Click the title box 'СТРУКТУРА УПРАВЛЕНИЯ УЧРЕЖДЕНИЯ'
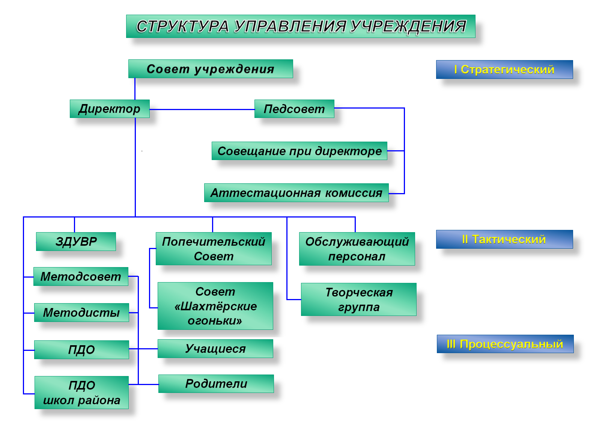click(301, 26)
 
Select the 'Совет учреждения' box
click(211, 69)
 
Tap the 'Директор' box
click(110, 109)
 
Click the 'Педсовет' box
click(294, 109)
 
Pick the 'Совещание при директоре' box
click(299, 151)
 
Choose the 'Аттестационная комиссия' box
click(296, 193)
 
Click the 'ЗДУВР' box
click(76, 242)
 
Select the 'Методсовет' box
click(81, 276)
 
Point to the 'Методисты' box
click(81, 313)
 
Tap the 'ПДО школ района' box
click(82, 393)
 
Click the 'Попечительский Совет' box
click(214, 249)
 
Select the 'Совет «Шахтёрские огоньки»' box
click(215, 306)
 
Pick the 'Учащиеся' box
click(215, 349)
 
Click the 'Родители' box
click(216, 384)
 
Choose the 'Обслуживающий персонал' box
click(357, 249)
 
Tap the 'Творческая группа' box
click(359, 299)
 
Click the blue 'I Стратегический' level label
click(504, 69)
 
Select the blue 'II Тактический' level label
click(504, 239)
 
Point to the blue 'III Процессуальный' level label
click(505, 344)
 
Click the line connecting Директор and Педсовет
click(202, 109)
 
